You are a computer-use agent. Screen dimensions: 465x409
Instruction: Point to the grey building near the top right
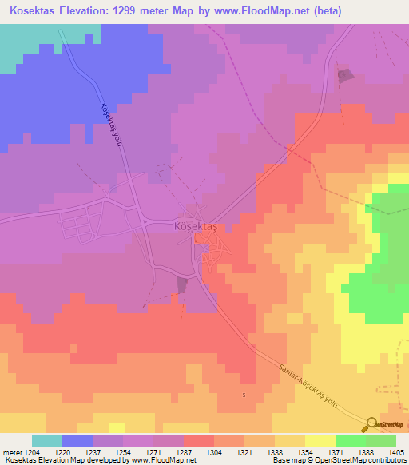coord(345,76)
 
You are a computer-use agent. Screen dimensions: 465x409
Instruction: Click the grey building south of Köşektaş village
coord(183,285)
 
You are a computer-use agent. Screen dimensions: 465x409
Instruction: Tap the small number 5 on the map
coord(244,394)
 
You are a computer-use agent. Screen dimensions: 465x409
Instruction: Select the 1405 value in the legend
coord(395,451)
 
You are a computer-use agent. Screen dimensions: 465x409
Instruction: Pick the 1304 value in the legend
coord(214,451)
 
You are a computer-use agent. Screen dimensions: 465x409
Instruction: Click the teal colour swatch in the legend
coord(47,440)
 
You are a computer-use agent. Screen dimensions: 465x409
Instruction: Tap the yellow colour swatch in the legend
coord(320,440)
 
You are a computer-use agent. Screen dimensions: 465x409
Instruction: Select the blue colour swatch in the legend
coord(77,440)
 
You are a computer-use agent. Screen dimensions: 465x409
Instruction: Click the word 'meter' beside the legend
coord(10,451)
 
